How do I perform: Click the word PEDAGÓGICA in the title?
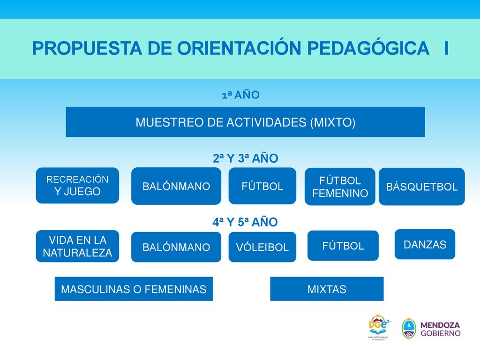click(368, 48)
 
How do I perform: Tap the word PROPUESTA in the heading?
click(87, 48)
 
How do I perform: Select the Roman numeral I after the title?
click(447, 48)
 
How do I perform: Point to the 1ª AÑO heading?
click(240, 95)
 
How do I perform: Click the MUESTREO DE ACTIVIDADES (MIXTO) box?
click(245, 122)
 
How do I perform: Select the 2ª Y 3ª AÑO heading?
click(246, 158)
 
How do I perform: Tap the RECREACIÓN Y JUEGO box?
click(77, 186)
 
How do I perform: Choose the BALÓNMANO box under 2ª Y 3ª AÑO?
click(176, 186)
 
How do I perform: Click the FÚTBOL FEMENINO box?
click(340, 187)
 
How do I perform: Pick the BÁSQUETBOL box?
click(422, 187)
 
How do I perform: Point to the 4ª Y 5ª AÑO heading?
click(245, 222)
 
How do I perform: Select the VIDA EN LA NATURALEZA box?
click(77, 246)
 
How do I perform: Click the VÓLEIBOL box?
click(262, 247)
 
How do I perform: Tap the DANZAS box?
click(425, 244)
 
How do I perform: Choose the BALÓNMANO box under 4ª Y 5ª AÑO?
click(176, 247)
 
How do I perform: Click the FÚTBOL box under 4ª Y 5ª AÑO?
click(343, 246)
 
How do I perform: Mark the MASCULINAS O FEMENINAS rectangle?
click(134, 289)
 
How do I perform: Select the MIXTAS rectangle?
click(327, 289)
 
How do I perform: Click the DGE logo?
click(379, 327)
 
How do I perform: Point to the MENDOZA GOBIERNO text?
click(441, 329)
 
